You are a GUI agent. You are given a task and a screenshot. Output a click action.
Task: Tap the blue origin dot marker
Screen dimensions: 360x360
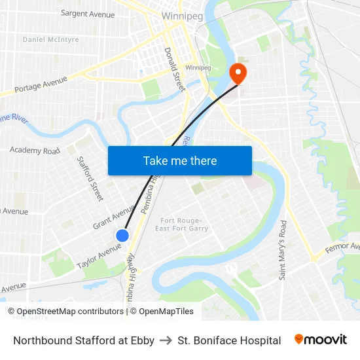(x=122, y=235)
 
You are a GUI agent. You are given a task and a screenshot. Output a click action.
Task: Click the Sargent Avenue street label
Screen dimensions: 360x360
(x=87, y=13)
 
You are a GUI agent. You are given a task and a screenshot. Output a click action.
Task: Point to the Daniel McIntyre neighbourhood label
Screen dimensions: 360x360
(x=50, y=39)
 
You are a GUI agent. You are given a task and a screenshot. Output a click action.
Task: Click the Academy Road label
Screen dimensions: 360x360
(x=35, y=151)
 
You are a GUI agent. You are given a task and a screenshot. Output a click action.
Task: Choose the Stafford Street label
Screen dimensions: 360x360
(x=90, y=178)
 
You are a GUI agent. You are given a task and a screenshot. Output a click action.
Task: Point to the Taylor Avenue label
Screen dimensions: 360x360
(x=98, y=255)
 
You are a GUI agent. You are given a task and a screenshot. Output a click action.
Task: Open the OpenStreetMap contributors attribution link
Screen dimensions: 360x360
(x=69, y=312)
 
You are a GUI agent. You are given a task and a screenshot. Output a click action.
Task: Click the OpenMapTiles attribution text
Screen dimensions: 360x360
(x=166, y=312)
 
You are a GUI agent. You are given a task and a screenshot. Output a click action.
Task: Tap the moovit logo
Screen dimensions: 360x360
(x=320, y=340)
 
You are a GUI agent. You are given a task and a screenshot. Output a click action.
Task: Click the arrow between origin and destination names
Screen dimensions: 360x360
(x=166, y=340)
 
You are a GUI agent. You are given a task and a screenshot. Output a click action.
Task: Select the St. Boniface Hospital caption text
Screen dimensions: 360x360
(x=229, y=340)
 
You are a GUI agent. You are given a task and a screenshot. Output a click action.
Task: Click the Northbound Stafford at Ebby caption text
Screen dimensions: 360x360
(x=84, y=340)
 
